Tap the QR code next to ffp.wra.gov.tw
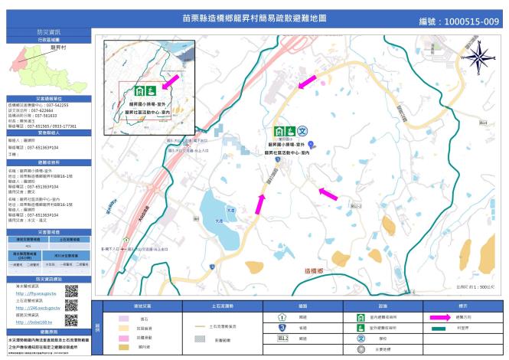(x=72, y=291)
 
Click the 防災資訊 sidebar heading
(x=46, y=33)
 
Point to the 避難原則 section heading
(x=47, y=163)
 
